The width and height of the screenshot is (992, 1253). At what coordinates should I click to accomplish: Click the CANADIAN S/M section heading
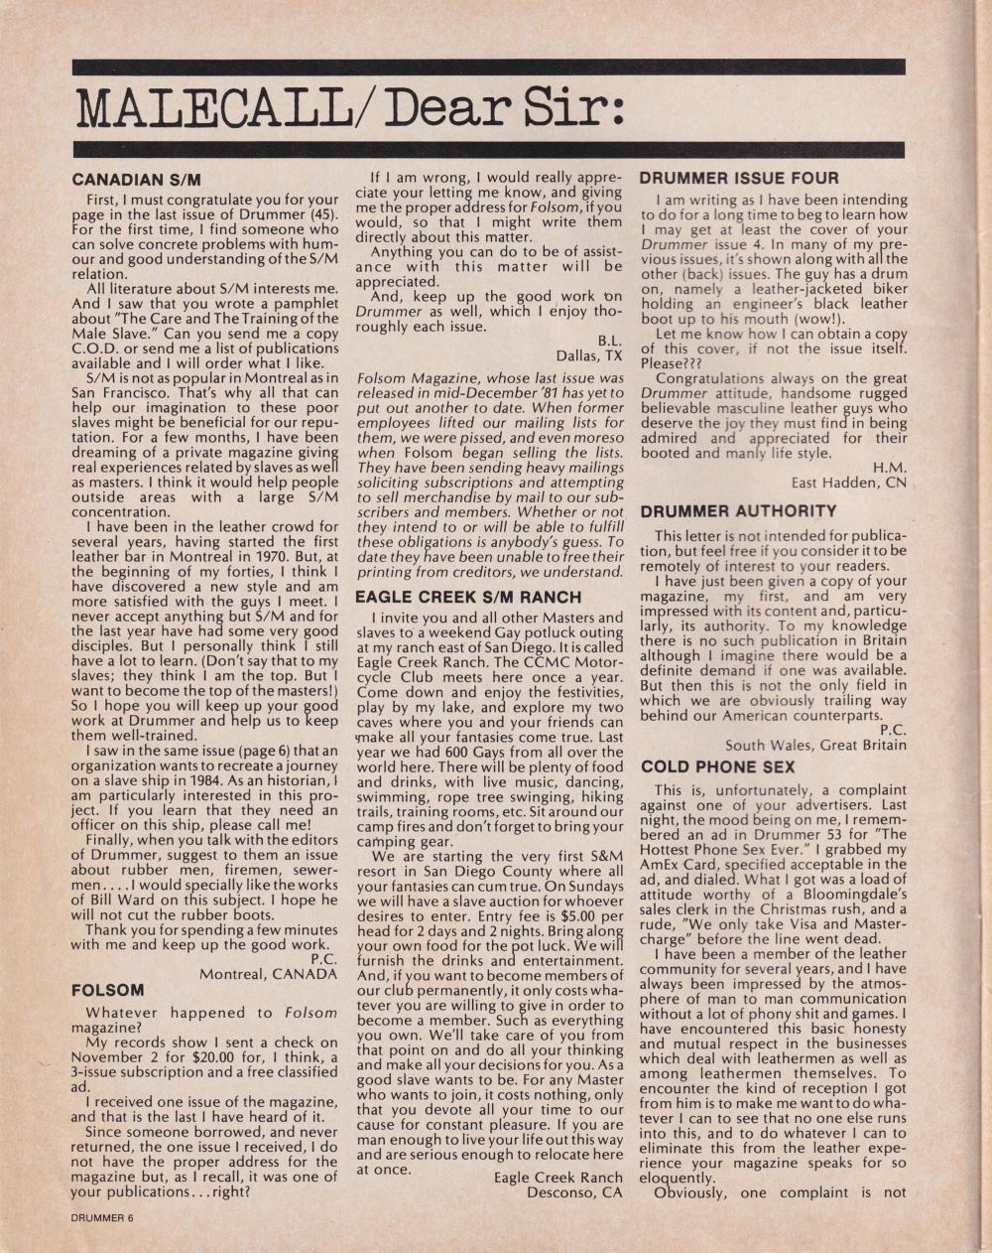click(x=136, y=181)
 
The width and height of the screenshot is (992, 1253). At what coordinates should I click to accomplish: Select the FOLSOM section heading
click(x=108, y=990)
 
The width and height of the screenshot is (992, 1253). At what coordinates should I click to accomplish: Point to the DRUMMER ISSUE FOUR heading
click(x=739, y=179)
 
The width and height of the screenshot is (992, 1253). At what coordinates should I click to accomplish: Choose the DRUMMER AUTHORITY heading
click(x=739, y=511)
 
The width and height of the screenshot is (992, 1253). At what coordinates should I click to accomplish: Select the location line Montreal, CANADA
click(x=268, y=974)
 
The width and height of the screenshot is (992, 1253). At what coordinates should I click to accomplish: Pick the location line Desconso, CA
click(x=574, y=1192)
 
